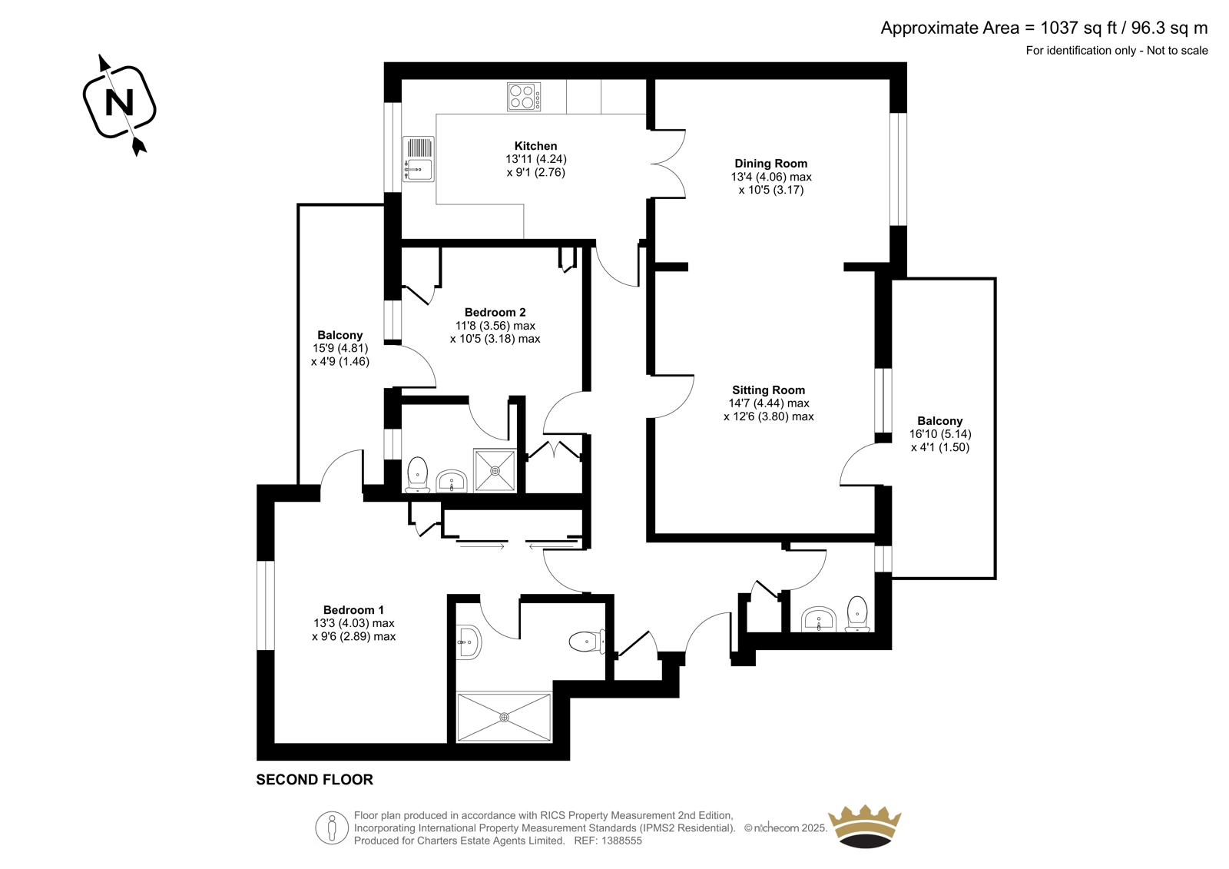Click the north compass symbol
click(x=120, y=104)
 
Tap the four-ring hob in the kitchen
click(x=523, y=97)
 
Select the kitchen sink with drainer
click(x=418, y=159)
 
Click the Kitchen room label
click(x=535, y=146)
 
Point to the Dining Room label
click(x=771, y=164)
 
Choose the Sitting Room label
click(x=768, y=390)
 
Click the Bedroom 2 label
click(x=495, y=313)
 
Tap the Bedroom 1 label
click(x=353, y=610)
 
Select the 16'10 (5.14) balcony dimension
click(x=940, y=433)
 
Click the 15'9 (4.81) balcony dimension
click(x=340, y=348)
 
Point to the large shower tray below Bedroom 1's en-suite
click(x=504, y=717)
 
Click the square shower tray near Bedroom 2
click(x=495, y=470)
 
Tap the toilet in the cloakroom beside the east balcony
click(x=857, y=614)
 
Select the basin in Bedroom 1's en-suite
click(x=469, y=642)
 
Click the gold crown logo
click(x=865, y=826)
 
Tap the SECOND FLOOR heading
click(x=314, y=780)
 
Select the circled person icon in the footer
click(x=332, y=828)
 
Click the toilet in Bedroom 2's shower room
click(x=418, y=476)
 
